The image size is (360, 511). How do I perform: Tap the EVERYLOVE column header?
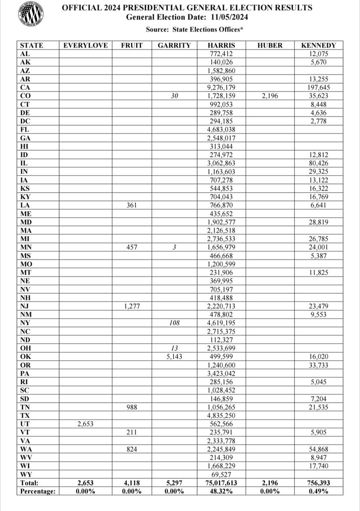coord(85,45)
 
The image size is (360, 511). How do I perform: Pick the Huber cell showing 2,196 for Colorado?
coord(270,95)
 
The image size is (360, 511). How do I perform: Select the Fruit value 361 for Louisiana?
coord(132,205)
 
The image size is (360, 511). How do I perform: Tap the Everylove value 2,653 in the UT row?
coord(85,424)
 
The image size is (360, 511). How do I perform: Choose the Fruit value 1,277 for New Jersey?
coord(132,306)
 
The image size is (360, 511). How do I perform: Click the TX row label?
coord(24,415)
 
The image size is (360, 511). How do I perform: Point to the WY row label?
coord(25,474)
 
